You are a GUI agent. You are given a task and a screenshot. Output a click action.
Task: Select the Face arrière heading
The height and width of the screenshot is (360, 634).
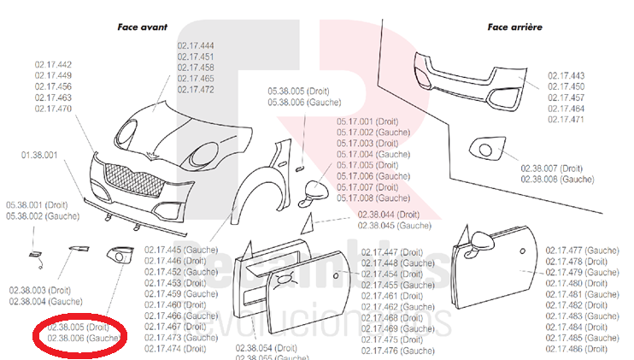pyautogui.click(x=514, y=27)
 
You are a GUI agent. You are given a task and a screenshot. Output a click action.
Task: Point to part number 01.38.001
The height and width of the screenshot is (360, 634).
pyautogui.click(x=40, y=155)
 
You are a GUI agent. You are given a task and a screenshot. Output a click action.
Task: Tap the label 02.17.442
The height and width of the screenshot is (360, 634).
pyautogui.click(x=53, y=65)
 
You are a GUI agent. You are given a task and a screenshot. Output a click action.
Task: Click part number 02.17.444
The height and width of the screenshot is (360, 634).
pyautogui.click(x=196, y=45)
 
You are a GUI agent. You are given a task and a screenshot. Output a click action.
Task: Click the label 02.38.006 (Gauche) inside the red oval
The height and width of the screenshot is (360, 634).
pyautogui.click(x=83, y=338)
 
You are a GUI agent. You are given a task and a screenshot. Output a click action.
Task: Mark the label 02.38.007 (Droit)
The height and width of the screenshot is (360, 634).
pyautogui.click(x=551, y=168)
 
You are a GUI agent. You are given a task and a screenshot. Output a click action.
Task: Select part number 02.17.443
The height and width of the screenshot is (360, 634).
pyautogui.click(x=566, y=75)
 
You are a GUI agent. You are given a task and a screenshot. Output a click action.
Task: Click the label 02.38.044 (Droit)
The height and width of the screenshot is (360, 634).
pyautogui.click(x=388, y=214)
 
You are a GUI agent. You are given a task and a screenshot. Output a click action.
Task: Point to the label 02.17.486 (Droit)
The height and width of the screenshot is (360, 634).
pyautogui.click(x=582, y=349)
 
